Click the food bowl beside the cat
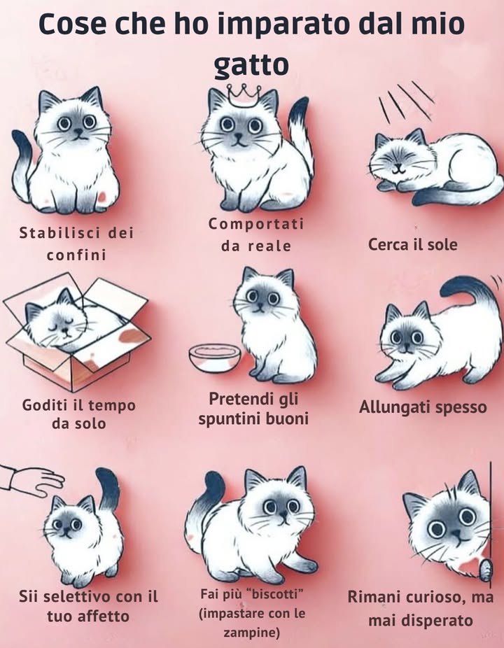coord(214,356)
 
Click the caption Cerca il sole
coord(412,245)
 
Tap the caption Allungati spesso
coord(423,407)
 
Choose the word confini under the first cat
coord(76,255)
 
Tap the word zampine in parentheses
coord(251,633)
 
